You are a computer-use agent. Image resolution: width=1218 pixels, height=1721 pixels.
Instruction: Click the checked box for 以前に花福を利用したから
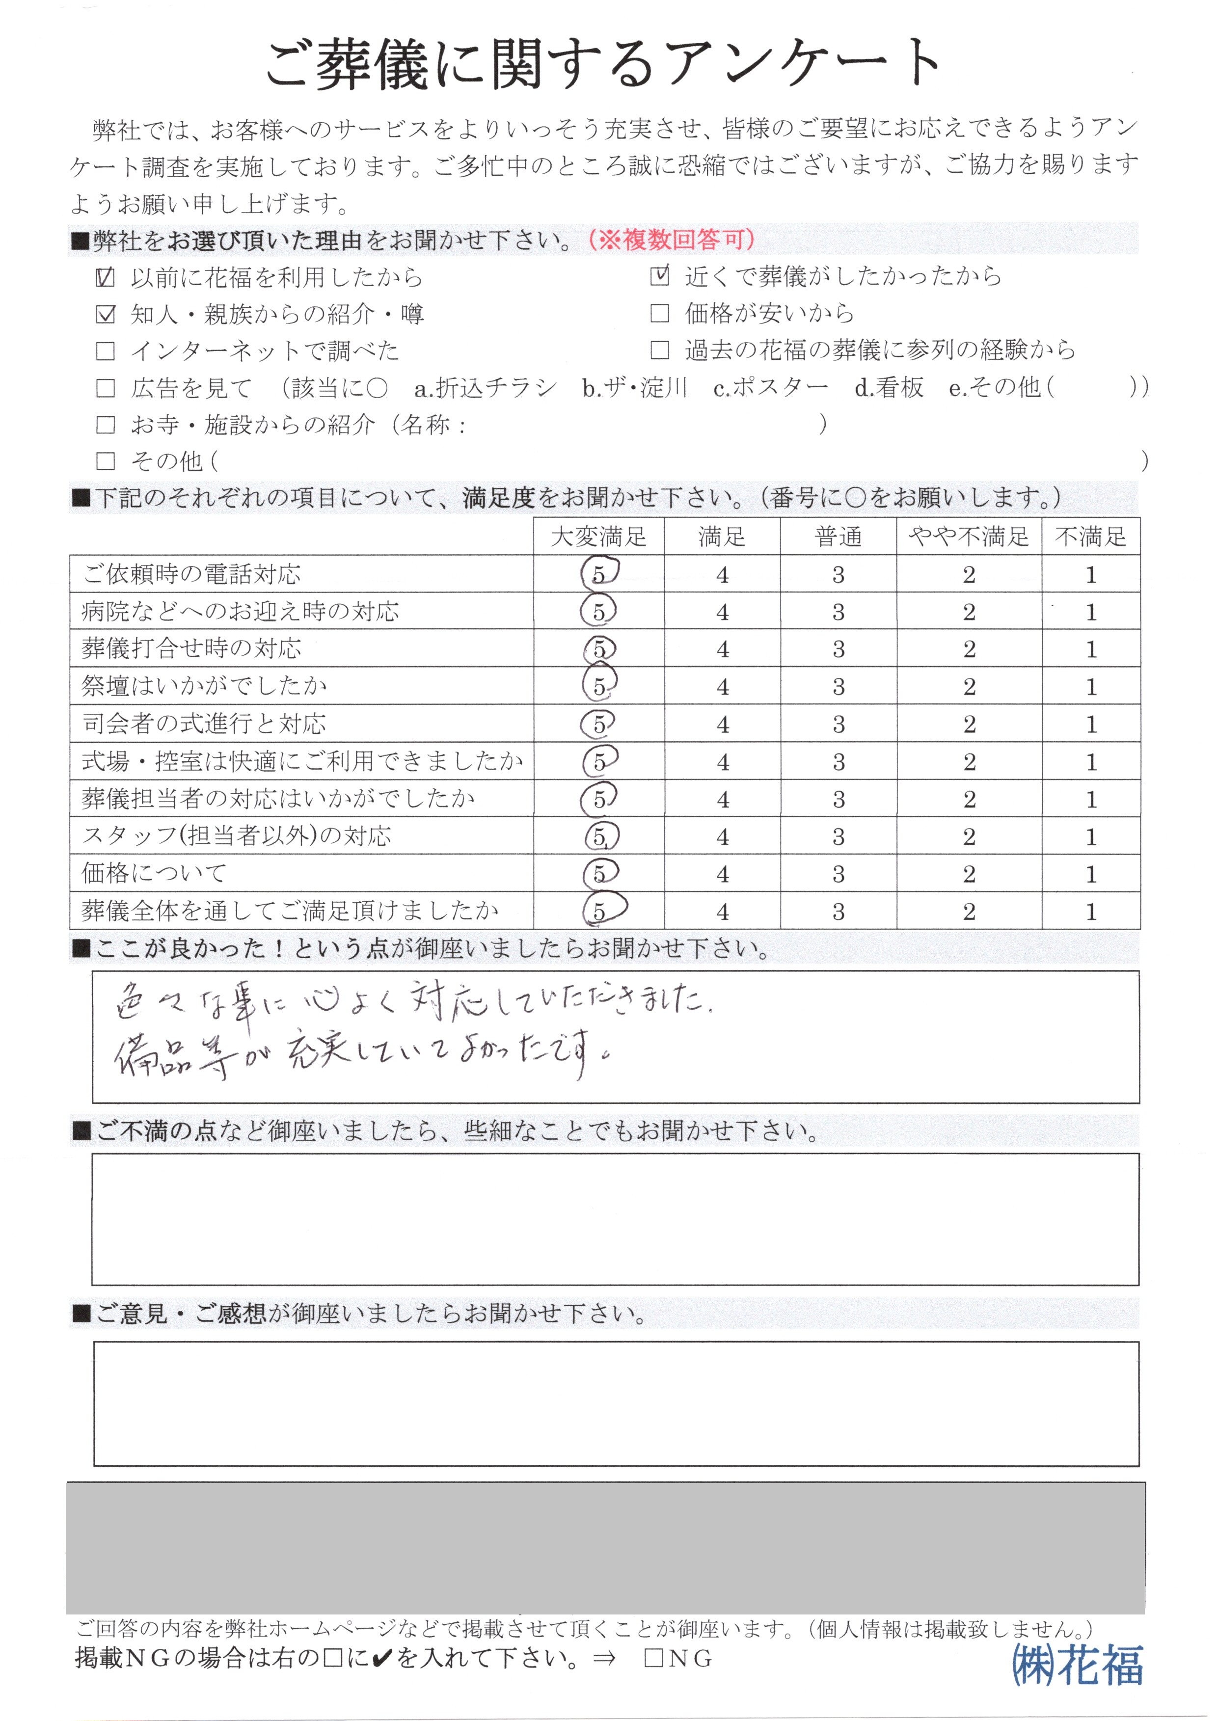pos(106,278)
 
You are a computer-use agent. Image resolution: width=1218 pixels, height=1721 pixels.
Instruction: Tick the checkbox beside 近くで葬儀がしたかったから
pos(659,277)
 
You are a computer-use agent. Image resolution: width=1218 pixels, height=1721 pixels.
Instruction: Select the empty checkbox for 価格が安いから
pos(659,314)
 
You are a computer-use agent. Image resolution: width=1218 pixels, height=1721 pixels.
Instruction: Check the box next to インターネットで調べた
pos(106,351)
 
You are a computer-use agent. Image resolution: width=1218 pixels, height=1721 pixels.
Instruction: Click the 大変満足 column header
pos(598,537)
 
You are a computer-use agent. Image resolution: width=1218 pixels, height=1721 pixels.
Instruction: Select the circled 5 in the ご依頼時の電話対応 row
pos(598,574)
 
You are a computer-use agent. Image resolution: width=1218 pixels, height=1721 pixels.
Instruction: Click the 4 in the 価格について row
pos(722,874)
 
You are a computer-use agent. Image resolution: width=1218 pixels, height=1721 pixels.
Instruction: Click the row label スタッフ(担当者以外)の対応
pos(236,836)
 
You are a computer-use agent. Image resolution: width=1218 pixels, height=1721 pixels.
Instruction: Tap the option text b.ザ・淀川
pos(634,388)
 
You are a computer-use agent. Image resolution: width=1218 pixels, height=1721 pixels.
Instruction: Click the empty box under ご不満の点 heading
pos(615,1218)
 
